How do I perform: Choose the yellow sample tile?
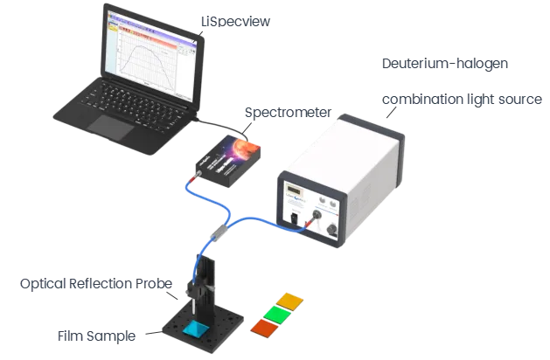tap(288, 300)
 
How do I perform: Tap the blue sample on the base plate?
tap(193, 329)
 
